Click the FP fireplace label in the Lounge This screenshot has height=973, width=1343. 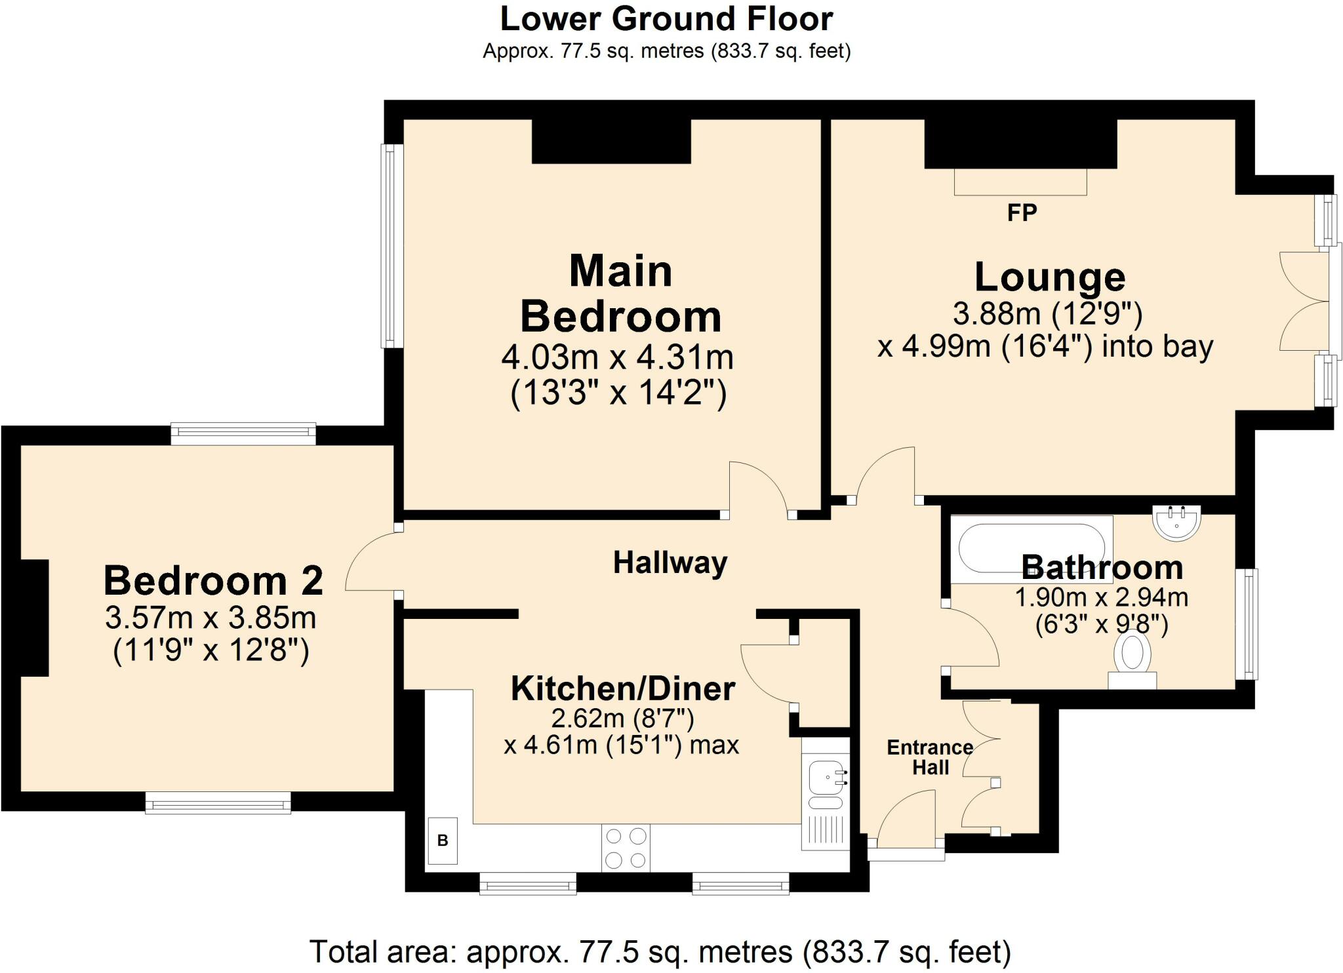(1022, 212)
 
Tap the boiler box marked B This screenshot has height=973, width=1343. (443, 841)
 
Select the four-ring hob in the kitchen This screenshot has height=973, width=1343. (626, 848)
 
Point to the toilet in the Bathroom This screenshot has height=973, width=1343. (1133, 658)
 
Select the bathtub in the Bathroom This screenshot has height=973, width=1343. (1032, 549)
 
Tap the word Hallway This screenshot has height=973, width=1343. (670, 563)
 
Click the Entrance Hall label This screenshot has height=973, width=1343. (931, 757)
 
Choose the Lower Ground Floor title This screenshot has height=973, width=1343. (666, 19)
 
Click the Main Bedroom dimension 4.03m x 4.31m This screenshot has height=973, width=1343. (617, 358)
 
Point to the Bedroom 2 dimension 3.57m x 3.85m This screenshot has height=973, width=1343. (210, 618)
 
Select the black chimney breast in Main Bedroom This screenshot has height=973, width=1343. (611, 142)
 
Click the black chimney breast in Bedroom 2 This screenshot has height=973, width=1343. (35, 618)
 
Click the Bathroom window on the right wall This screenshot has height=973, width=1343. (1247, 624)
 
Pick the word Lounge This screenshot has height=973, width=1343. (1050, 277)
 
